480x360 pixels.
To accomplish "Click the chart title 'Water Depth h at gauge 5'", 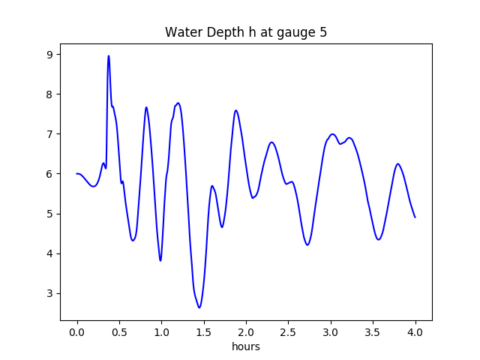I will coord(246,33).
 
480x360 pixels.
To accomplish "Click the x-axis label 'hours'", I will coord(246,346).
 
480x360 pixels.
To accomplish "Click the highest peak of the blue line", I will coord(109,56).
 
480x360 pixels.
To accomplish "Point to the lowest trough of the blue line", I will coord(199,307).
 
